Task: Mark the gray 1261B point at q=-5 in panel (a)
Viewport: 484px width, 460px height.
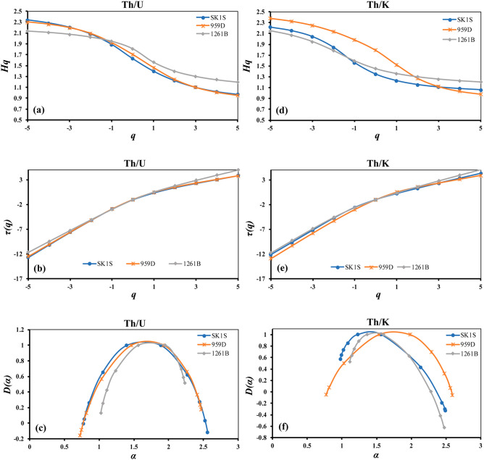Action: (28, 30)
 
